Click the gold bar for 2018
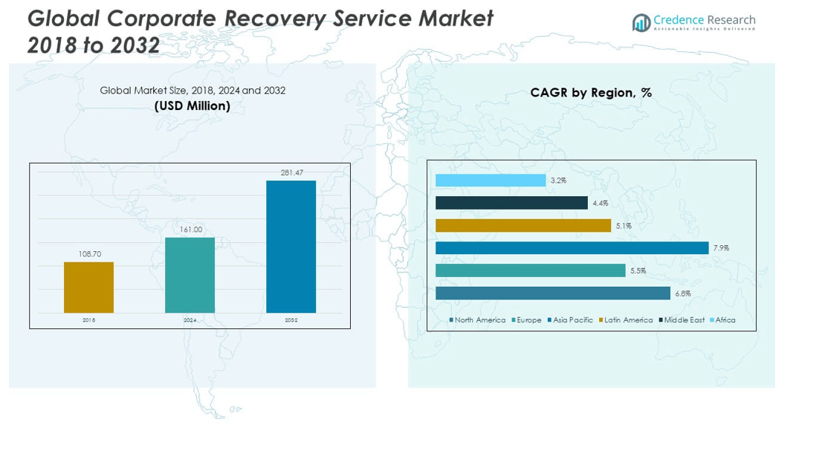pos(88,287)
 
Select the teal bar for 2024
pos(190,275)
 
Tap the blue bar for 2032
pos(291,246)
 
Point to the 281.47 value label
pos(291,172)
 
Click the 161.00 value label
pos(190,230)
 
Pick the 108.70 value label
pos(89,254)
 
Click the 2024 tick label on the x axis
pos(190,320)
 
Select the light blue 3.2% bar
pos(491,181)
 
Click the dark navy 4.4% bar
pos(511,203)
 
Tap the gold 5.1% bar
pos(523,225)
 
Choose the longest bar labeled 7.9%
pos(572,247)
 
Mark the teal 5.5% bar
pos(530,270)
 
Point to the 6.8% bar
pos(552,293)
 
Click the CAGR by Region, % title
pos(591,93)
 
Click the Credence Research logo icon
pos(641,23)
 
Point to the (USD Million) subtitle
pos(192,106)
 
